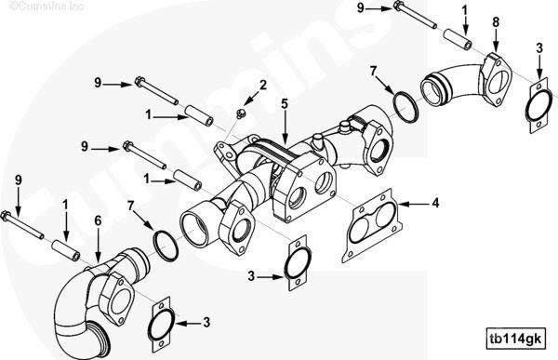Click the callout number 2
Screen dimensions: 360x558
(263, 86)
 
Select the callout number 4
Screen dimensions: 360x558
(436, 201)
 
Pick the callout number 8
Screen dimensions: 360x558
(496, 21)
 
